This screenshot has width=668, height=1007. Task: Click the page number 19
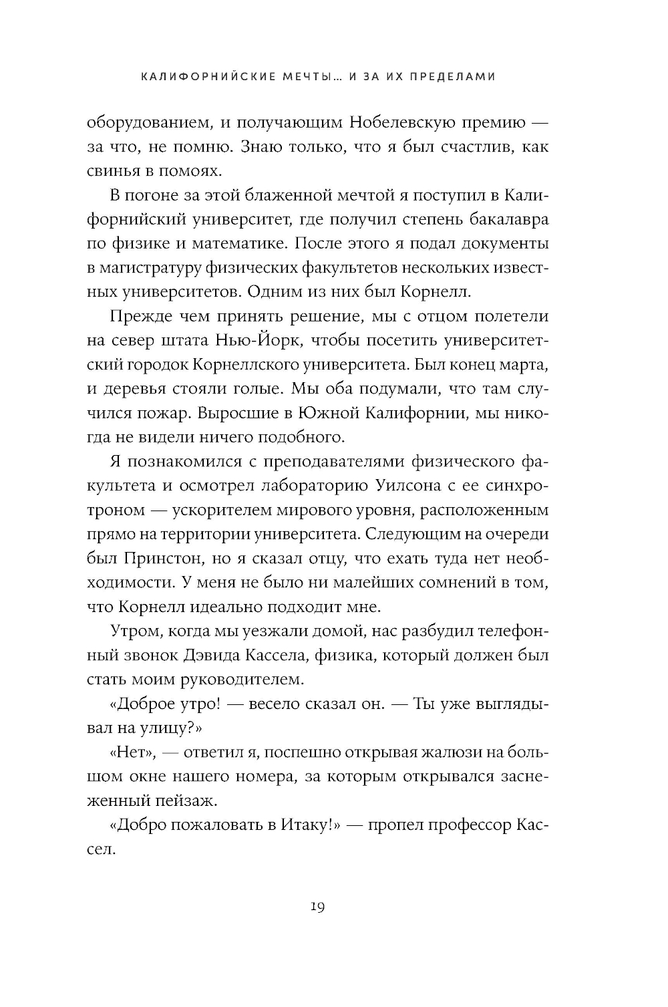pos(317,907)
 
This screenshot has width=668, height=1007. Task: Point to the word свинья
pos(114,171)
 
